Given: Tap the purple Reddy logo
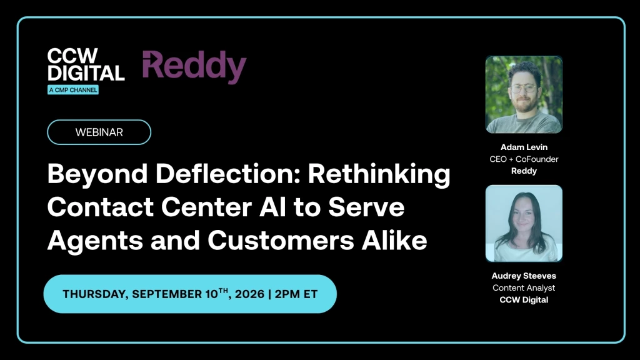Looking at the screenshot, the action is click(194, 66).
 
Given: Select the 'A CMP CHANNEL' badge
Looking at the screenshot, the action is click(73, 90).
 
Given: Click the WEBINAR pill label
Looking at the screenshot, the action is click(99, 132).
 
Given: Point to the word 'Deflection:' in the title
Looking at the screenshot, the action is click(228, 174).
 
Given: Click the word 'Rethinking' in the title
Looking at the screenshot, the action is click(379, 174).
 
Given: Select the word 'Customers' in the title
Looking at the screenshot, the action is click(281, 240).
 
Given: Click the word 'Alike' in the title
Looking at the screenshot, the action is click(394, 239).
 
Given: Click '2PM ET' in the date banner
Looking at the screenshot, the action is click(296, 294).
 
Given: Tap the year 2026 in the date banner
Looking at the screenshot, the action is click(250, 294).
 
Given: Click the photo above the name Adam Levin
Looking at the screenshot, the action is click(524, 95).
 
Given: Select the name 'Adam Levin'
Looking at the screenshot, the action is click(524, 147).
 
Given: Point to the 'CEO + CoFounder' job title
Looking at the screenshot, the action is click(524, 159).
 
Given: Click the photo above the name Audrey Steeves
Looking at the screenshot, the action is click(524, 223).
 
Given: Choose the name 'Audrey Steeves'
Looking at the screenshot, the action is click(524, 276).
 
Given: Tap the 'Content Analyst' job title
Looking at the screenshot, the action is click(524, 287).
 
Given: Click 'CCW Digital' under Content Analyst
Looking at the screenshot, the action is click(524, 299).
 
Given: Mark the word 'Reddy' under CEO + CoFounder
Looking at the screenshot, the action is click(524, 171).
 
